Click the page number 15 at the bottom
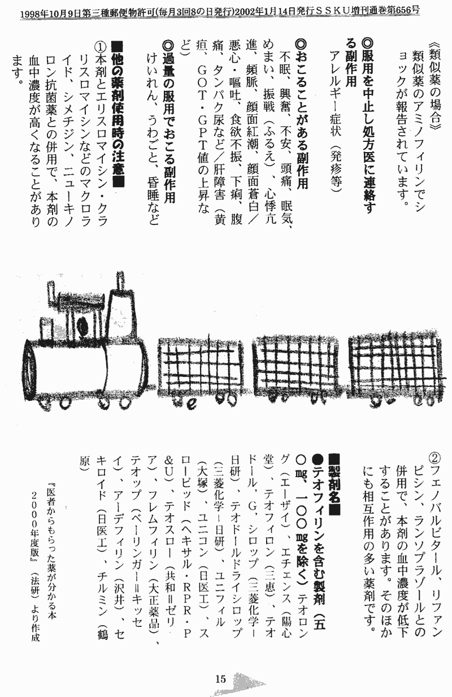coord(220,678)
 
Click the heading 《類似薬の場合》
coord(434,85)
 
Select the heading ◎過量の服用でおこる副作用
coord(169,122)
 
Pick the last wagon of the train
coord(394,370)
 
